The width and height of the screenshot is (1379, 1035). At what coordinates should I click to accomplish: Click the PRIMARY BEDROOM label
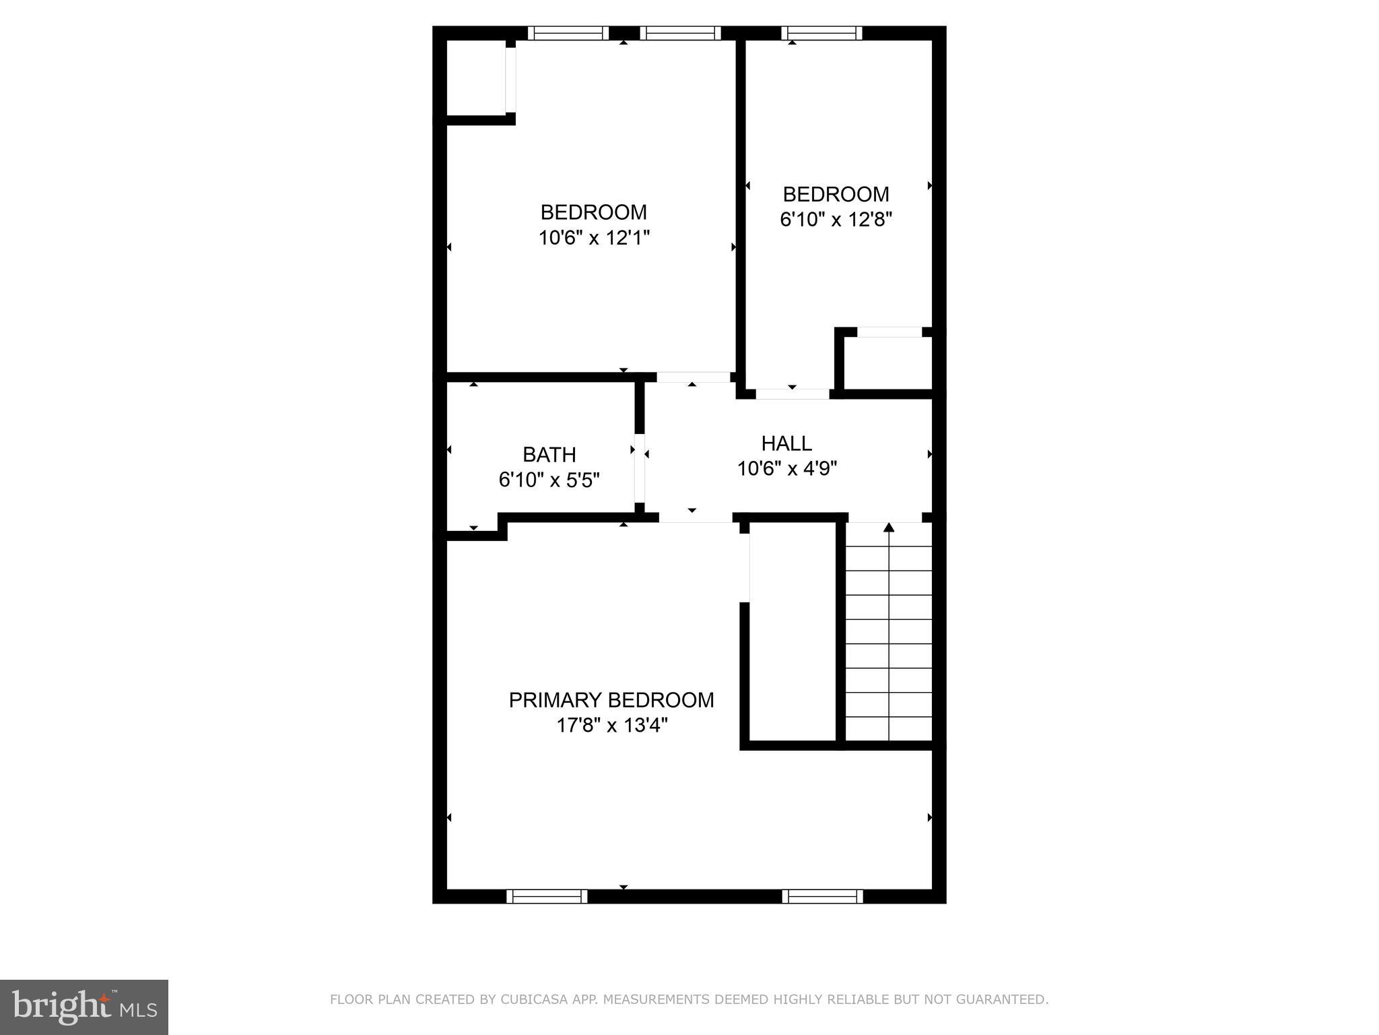tap(611, 700)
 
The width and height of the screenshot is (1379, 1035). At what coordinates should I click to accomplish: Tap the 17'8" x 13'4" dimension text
tap(611, 726)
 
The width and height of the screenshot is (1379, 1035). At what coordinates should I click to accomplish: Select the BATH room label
tap(549, 455)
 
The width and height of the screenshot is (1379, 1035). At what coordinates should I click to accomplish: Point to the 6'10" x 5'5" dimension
tap(549, 480)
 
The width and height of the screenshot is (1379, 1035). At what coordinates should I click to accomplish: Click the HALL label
tap(786, 443)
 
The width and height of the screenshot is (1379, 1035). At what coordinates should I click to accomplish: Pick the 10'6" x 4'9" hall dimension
tap(786, 468)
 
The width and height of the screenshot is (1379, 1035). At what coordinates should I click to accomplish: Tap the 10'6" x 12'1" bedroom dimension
tap(593, 238)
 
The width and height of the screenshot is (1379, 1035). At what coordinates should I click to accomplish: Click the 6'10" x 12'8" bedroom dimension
tap(836, 220)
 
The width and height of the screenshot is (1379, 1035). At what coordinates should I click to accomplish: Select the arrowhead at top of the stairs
tap(889, 527)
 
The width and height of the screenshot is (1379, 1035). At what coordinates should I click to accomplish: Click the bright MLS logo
tap(84, 1006)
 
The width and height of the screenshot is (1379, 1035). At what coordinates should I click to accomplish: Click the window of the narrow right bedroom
tap(821, 33)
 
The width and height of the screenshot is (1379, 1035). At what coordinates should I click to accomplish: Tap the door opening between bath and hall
tap(640, 468)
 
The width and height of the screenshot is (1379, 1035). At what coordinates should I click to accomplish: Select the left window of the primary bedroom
tap(547, 896)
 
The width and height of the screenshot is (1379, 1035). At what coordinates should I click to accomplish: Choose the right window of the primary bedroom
tap(822, 896)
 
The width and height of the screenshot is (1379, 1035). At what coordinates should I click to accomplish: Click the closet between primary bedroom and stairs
tap(793, 633)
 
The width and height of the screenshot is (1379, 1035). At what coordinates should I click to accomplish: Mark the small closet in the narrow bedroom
tap(887, 363)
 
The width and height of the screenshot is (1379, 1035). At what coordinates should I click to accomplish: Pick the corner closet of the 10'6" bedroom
tap(476, 79)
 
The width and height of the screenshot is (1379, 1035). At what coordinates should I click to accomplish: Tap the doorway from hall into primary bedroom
tap(695, 517)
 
